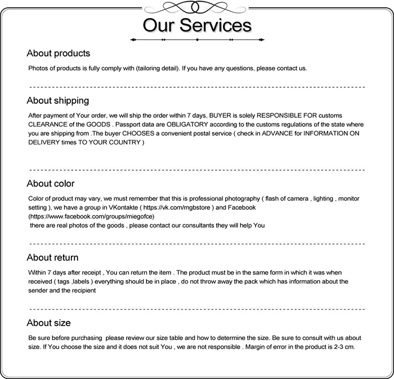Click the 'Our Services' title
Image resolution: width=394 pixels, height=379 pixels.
click(196, 25)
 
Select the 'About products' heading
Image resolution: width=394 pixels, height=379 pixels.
click(58, 54)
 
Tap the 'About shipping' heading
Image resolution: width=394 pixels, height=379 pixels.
click(57, 101)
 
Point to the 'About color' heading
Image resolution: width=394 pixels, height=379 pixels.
click(50, 184)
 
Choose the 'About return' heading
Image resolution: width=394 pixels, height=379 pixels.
click(52, 258)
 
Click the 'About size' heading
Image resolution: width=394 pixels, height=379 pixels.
click(48, 323)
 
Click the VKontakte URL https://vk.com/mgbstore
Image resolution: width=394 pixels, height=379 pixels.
click(175, 208)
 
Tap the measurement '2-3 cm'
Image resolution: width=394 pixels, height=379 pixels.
click(343, 347)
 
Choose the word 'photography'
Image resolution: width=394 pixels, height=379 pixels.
click(240, 199)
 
